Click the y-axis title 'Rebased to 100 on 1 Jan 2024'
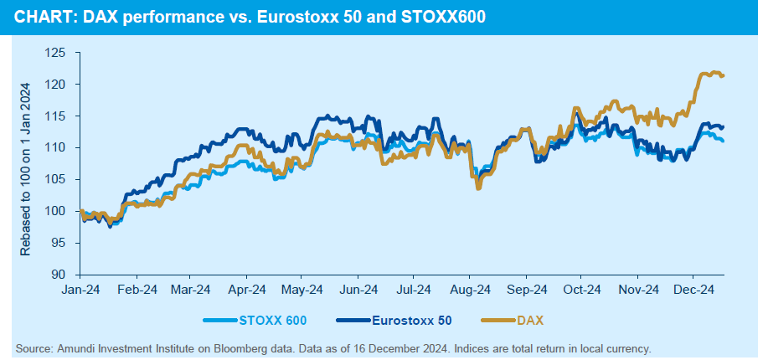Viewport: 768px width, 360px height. [x=25, y=167]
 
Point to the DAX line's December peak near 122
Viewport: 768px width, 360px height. [x=714, y=72]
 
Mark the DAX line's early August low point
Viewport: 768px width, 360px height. [x=478, y=188]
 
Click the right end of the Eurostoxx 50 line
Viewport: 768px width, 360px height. [x=723, y=126]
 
